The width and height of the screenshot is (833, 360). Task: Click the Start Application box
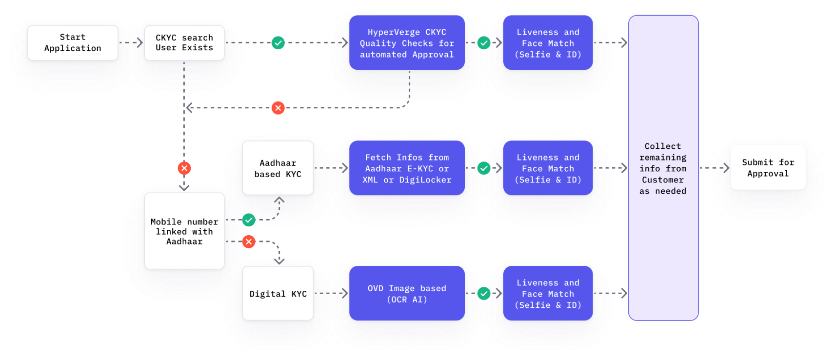(73, 43)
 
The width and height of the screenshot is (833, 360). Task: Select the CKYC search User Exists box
(184, 43)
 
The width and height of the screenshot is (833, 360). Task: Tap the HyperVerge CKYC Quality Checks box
(407, 43)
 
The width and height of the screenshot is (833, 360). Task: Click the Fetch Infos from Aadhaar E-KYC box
(407, 168)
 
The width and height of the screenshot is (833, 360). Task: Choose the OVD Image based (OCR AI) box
(407, 294)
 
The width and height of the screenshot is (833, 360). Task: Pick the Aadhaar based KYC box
(278, 168)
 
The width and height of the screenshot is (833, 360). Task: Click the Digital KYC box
(278, 294)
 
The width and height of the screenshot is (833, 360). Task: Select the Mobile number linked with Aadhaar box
(184, 231)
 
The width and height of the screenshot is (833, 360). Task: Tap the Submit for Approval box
(768, 167)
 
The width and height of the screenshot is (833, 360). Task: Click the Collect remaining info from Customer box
(663, 168)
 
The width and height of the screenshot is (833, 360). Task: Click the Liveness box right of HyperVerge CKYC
(548, 43)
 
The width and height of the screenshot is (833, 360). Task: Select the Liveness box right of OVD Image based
(548, 294)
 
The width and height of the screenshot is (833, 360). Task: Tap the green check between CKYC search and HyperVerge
(278, 43)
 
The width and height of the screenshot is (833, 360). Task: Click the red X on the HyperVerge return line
(278, 108)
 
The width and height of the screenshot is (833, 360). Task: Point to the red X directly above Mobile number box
(184, 168)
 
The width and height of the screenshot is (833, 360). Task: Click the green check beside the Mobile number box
(249, 220)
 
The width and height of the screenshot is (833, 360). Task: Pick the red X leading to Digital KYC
(249, 241)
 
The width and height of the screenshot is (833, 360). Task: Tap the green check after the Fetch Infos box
(484, 168)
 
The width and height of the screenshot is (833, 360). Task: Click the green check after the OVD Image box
(484, 294)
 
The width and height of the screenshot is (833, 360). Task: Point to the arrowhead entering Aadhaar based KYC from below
(279, 200)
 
